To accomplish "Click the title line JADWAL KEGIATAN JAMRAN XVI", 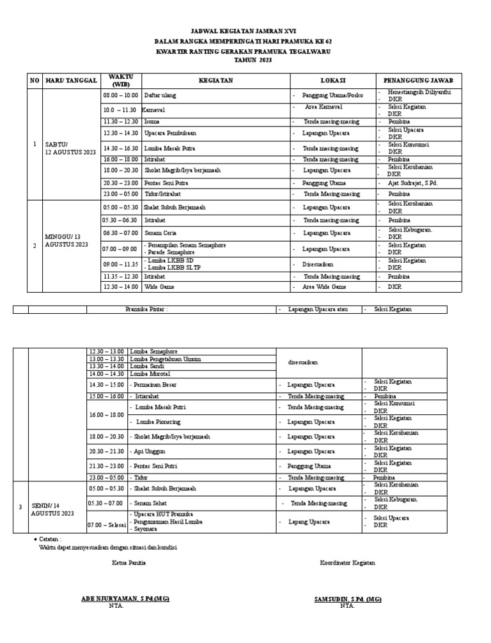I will [245, 31].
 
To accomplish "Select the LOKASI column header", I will [333, 81].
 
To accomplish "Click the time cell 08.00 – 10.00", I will [121, 95].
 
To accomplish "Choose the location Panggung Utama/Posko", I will [332, 95].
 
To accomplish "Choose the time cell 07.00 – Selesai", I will [107, 525].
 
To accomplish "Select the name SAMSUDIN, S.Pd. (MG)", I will [348, 598].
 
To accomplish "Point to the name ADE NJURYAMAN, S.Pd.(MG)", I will [125, 598].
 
